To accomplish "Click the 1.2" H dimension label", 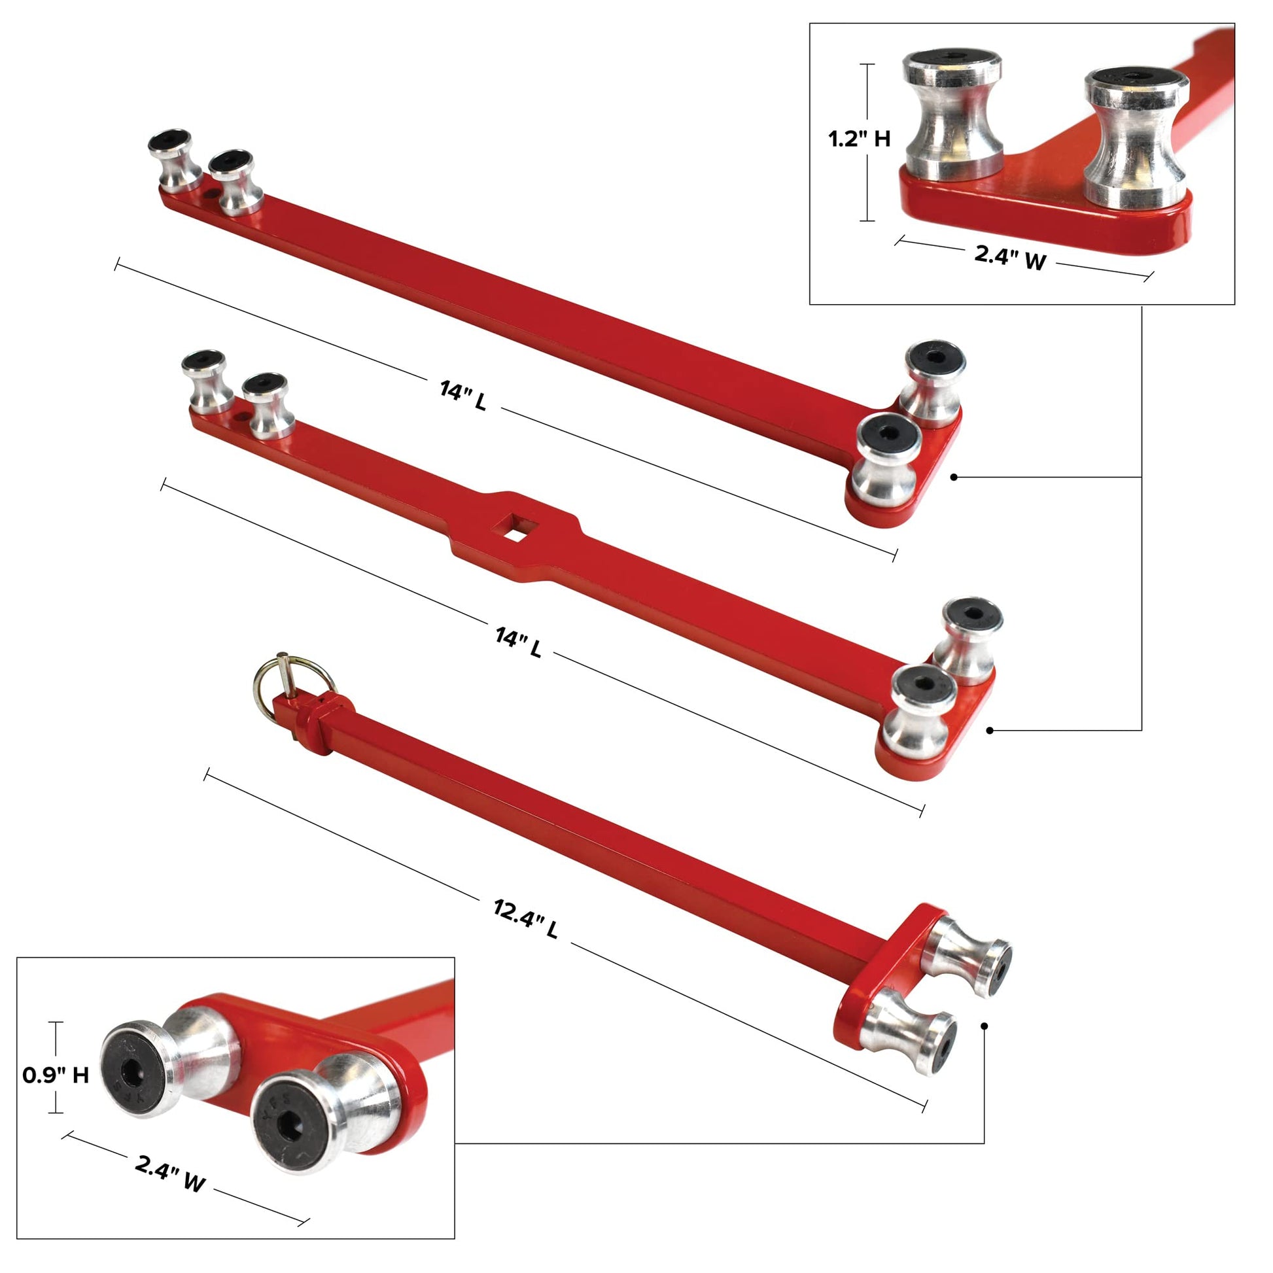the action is [x=859, y=139].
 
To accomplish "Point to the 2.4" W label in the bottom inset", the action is [x=170, y=1174].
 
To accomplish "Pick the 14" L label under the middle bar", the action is [x=519, y=643].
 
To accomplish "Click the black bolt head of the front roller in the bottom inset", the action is [x=290, y=1126].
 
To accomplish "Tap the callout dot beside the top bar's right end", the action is [x=954, y=476].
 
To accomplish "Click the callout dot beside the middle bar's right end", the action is [x=990, y=730].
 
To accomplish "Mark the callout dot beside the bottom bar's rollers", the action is [x=984, y=1026].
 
